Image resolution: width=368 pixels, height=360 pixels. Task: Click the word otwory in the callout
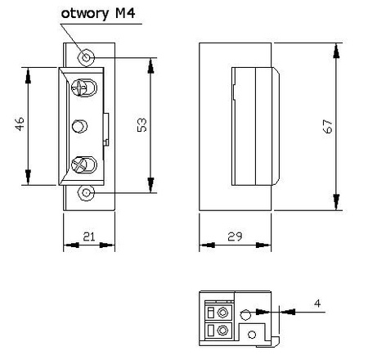pos(84,15)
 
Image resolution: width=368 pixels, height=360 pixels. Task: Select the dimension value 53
pos(141,125)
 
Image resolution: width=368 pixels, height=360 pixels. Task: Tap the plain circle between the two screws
pos(80,126)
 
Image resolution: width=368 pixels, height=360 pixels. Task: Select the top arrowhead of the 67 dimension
pos(336,50)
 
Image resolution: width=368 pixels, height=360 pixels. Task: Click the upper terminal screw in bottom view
pos(222,313)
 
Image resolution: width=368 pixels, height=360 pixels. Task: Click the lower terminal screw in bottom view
pos(222,331)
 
